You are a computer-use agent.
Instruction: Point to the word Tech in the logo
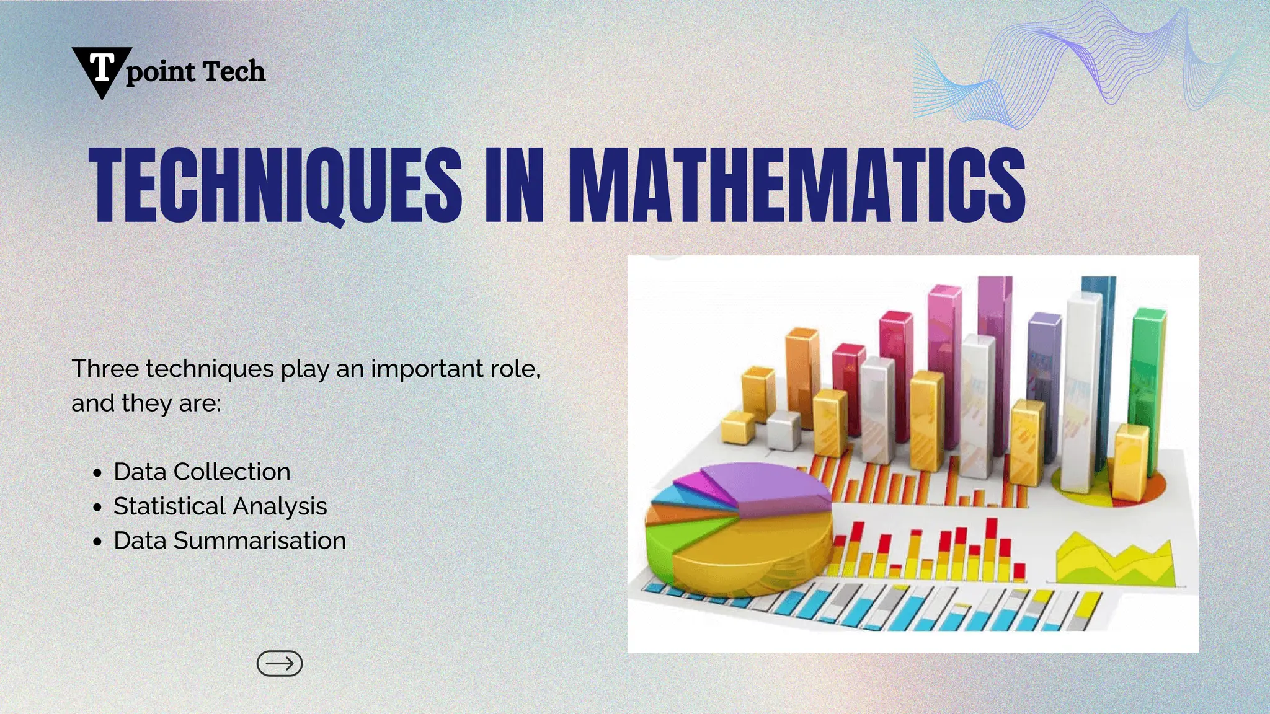click(234, 71)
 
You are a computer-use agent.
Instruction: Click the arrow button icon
click(280, 663)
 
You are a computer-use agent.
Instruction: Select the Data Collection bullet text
click(202, 472)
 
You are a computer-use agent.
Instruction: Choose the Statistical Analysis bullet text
click(220, 506)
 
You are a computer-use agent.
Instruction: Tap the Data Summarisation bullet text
click(229, 540)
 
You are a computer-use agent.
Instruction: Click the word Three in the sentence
click(105, 369)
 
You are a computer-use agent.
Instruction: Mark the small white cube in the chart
click(783, 429)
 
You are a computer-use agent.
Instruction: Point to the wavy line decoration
click(1079, 62)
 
